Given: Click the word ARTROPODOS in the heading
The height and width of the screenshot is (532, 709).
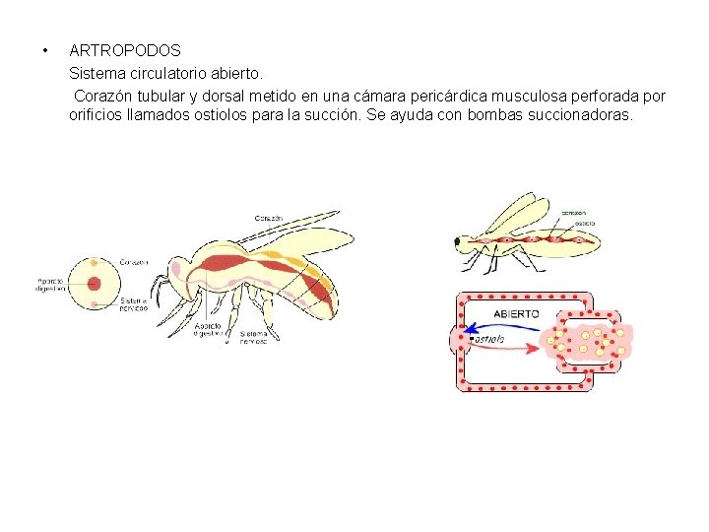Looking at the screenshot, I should (125, 49).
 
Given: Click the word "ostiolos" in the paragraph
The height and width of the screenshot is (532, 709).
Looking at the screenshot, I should (259, 116).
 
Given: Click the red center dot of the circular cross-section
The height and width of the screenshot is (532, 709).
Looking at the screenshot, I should (95, 285).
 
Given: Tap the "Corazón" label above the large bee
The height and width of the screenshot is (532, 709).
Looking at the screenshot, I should (268, 217).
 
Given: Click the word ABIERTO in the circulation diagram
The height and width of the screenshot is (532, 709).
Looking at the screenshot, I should (516, 313).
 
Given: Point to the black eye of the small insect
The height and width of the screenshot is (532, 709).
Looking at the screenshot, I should (457, 240).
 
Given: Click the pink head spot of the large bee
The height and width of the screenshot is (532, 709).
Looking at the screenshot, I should (176, 267).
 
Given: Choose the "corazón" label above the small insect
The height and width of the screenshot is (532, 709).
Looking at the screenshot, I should (576, 213).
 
